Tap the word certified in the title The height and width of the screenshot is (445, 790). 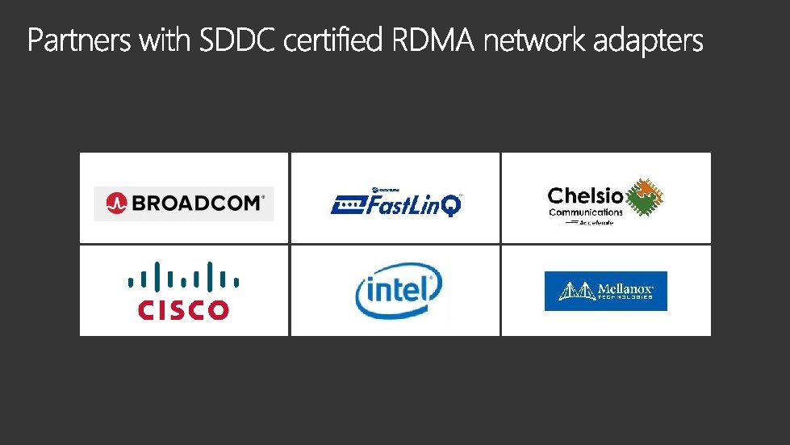(x=333, y=40)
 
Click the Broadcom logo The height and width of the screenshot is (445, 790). (x=184, y=204)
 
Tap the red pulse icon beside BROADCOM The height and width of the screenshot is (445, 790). (x=116, y=204)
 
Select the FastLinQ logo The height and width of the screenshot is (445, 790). (x=396, y=203)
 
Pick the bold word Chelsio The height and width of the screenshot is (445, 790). (x=585, y=196)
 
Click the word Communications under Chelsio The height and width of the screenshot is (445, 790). (x=586, y=212)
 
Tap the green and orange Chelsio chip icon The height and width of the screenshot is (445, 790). (x=645, y=198)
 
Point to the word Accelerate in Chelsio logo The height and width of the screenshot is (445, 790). (x=597, y=222)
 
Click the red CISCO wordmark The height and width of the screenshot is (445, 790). (x=183, y=309)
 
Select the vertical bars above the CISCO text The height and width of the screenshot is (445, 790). (x=183, y=276)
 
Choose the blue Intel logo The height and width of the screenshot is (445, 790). (x=399, y=291)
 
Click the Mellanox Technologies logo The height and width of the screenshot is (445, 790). (x=605, y=291)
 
